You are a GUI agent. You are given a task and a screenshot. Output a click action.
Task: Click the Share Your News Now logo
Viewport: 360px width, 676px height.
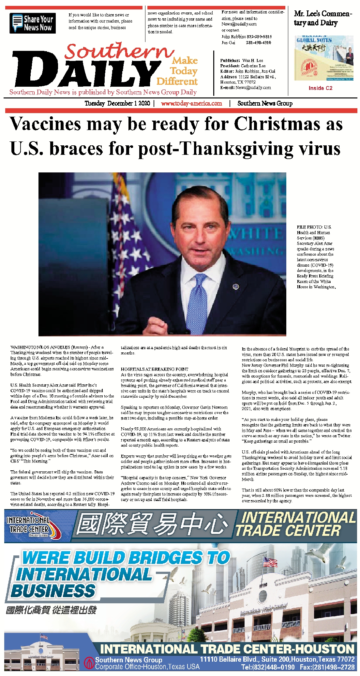[33, 23]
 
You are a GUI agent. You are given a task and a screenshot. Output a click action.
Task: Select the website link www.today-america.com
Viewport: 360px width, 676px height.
[191, 103]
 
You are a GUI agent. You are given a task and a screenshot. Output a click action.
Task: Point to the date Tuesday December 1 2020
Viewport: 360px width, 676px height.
[117, 103]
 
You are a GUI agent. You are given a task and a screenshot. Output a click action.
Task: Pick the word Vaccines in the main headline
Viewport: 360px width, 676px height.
[46, 124]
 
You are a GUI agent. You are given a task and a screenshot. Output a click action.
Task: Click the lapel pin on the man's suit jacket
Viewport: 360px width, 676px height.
[236, 287]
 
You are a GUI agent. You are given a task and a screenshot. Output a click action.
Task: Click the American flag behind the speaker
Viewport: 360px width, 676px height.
[121, 235]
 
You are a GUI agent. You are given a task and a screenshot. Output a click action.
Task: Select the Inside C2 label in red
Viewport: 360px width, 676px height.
[320, 88]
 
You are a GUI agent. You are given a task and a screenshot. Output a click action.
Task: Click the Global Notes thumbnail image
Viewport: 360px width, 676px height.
[323, 58]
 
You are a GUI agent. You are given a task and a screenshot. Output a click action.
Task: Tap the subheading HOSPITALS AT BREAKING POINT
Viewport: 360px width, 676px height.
[154, 369]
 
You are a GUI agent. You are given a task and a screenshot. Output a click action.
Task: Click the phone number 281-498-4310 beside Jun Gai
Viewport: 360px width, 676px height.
[258, 42]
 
